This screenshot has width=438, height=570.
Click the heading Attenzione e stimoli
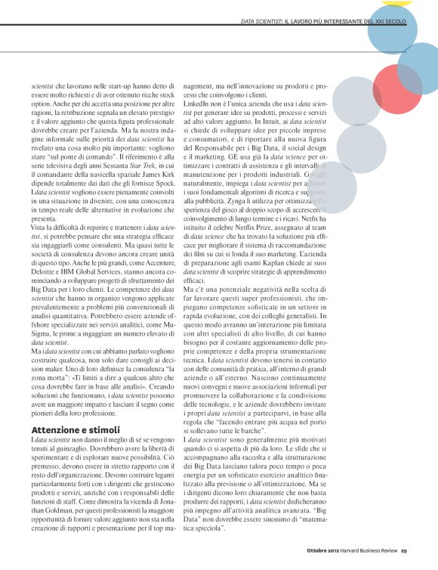coord(75,429)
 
